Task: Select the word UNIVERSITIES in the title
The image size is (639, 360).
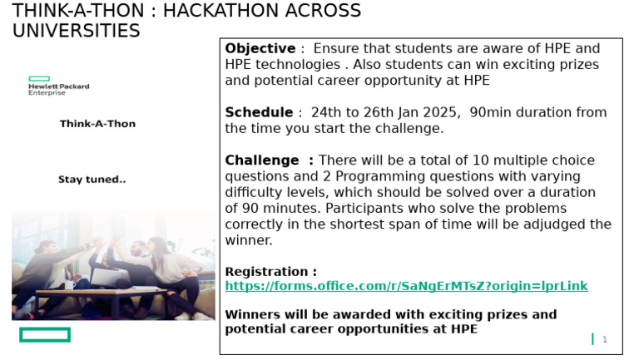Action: coord(77,31)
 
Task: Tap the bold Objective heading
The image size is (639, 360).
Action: coord(260,49)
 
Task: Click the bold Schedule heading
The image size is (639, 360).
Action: coord(259,113)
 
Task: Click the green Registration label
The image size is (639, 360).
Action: coord(270,272)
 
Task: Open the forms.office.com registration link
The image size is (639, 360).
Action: coord(406,286)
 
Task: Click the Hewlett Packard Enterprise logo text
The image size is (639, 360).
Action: coord(58,89)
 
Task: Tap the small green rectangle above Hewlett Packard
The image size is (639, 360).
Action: coord(39,78)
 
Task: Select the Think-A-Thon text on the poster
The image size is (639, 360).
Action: coord(97,124)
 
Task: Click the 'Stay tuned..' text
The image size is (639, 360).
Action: coord(92,180)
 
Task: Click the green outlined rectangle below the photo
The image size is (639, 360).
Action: coord(45,335)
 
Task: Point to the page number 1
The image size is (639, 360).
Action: coord(605,339)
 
